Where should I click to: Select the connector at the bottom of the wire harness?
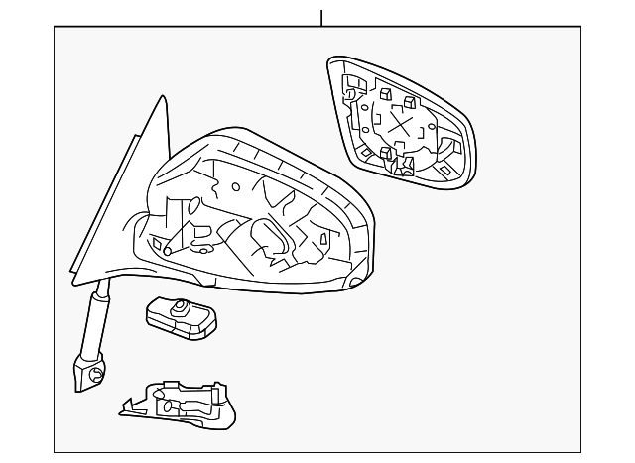87,373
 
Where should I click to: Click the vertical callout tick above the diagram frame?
321,17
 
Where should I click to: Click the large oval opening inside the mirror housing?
271,238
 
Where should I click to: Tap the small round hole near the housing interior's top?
236,185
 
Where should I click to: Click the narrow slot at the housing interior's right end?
326,239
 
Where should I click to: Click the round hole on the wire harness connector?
96,374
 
